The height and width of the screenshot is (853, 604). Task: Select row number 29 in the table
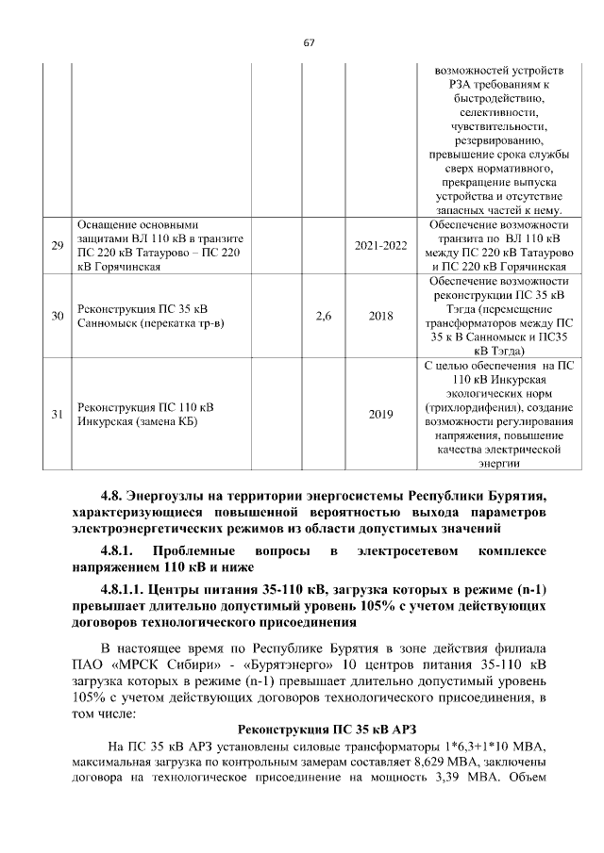tap(57, 246)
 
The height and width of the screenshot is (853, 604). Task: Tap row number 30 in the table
tap(57, 316)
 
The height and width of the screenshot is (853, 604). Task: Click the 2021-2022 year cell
tap(380, 246)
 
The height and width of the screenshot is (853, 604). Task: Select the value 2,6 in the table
tap(323, 316)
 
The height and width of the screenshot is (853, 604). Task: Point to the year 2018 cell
tap(380, 316)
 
